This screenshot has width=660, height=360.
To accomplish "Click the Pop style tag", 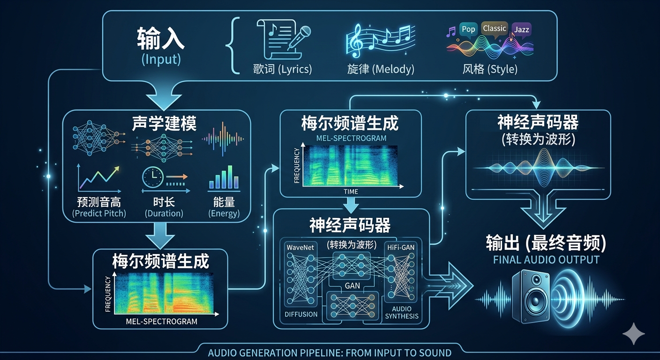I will click(468, 29).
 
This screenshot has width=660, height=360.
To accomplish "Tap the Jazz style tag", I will click(521, 30).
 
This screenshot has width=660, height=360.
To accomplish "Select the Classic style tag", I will click(495, 28).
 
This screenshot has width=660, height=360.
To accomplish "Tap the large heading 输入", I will click(161, 39).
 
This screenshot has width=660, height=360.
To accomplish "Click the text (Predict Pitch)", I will click(99, 213).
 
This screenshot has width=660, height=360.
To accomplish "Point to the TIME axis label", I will click(351, 191).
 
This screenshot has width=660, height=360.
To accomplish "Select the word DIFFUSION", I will click(301, 314).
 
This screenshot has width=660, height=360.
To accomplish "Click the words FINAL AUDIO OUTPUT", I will click(546, 260).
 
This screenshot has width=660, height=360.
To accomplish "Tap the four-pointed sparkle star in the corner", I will click(633, 334).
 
